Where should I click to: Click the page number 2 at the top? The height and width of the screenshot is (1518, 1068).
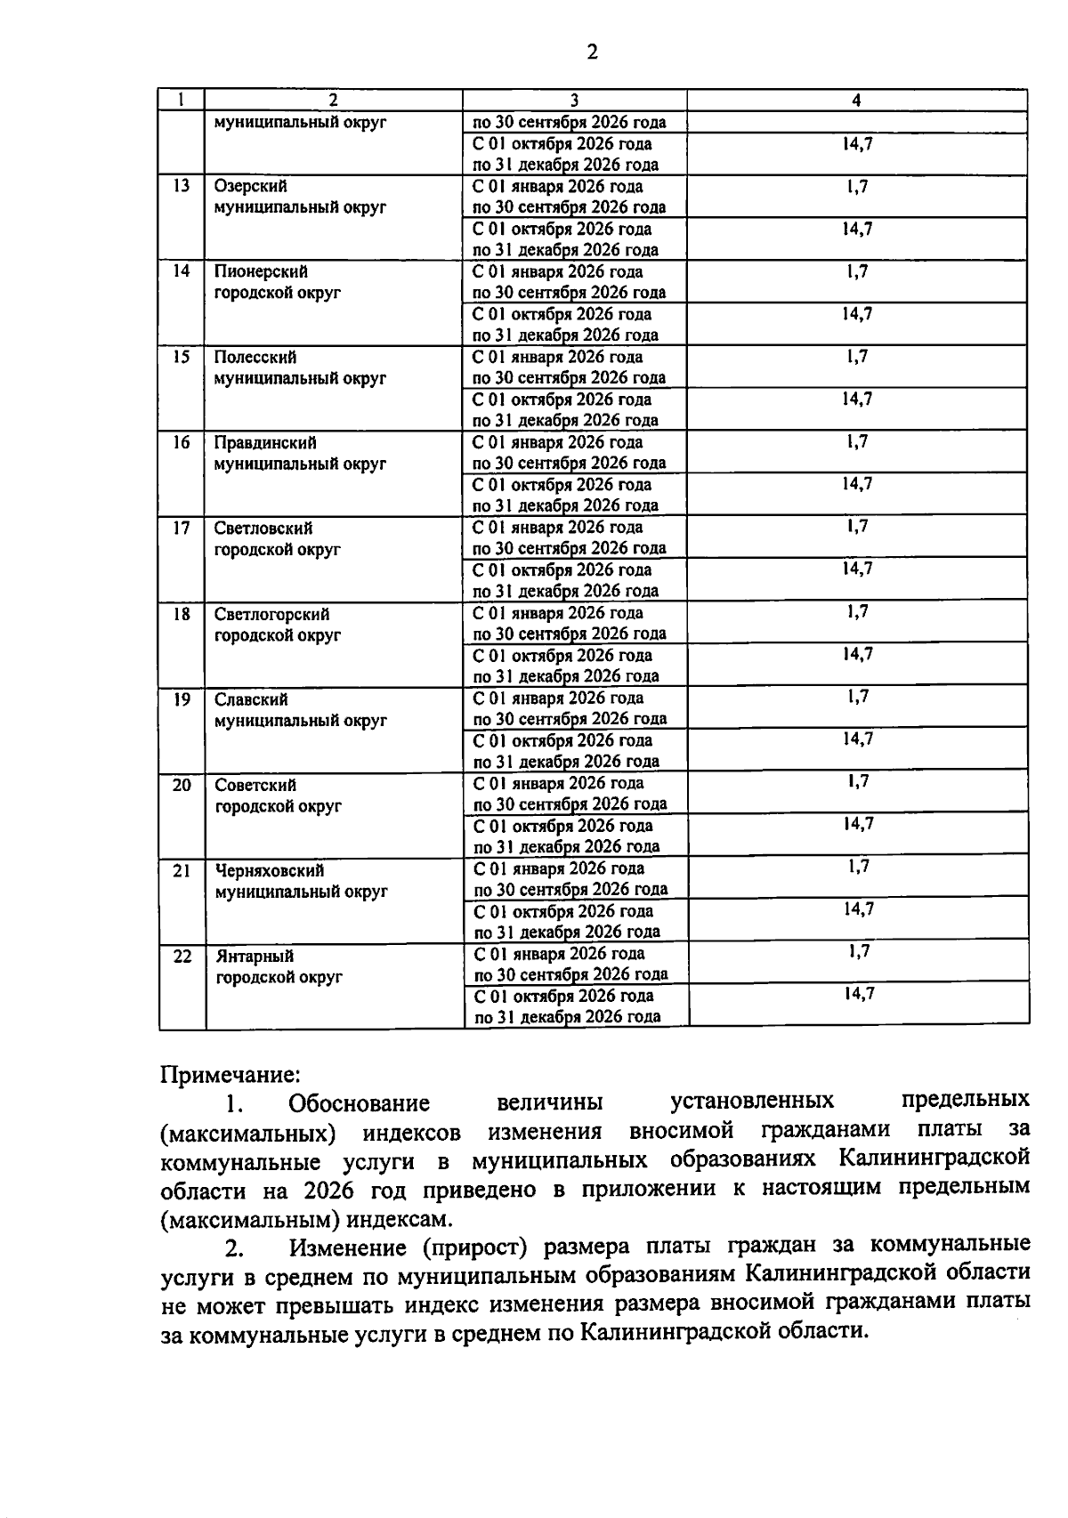click(592, 52)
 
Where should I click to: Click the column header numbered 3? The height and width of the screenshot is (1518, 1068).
click(574, 101)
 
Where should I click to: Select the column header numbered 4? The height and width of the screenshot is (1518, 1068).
click(856, 101)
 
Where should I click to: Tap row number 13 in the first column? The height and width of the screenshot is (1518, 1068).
click(181, 186)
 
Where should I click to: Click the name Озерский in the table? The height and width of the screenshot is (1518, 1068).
click(250, 187)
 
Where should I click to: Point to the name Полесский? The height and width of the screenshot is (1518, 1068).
click(255, 358)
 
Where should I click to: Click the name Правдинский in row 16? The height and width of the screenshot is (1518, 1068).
click(265, 443)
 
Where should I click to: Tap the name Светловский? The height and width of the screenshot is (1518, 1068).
click(263, 529)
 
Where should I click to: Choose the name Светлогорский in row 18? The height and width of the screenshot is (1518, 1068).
click(271, 614)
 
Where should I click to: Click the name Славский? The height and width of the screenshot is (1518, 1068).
click(251, 699)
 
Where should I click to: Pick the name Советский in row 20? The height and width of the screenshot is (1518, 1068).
click(255, 785)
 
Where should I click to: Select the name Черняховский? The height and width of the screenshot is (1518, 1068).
click(269, 870)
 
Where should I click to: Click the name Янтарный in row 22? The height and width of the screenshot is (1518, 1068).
click(255, 957)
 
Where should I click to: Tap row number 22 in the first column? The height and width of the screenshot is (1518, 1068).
click(182, 957)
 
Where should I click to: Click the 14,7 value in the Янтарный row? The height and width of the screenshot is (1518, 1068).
click(859, 994)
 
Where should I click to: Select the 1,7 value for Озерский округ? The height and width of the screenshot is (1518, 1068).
click(857, 186)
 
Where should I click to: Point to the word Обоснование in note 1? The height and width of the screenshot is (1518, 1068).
click(359, 1104)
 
